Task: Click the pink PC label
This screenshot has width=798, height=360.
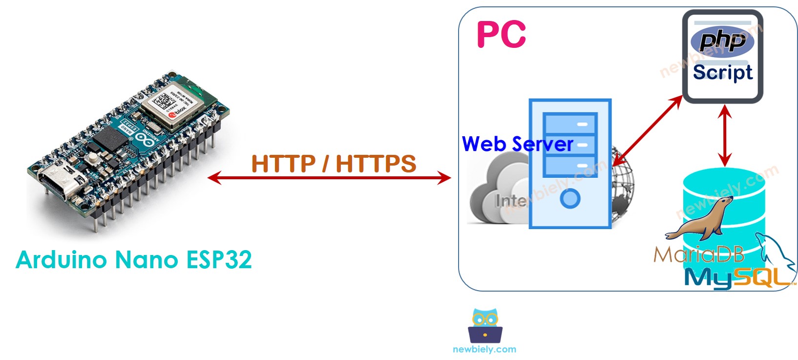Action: coord(501,34)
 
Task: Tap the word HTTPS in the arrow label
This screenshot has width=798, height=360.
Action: coord(376,164)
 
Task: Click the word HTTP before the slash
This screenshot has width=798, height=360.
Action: coord(283,164)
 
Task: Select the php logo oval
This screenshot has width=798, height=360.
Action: coord(722,41)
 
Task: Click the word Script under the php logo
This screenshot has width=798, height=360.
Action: coord(722,72)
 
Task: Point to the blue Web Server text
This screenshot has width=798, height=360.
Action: coord(517,144)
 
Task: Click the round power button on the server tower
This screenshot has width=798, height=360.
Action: coord(570,198)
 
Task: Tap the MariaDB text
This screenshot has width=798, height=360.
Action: coord(699,254)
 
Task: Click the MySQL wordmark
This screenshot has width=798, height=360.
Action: coord(737,277)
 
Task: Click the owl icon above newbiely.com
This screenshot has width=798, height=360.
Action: coord(485,326)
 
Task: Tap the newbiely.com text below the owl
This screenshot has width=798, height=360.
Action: coord(484,349)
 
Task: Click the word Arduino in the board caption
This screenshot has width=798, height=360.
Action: coord(62,259)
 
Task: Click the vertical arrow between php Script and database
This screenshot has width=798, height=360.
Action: coord(725,136)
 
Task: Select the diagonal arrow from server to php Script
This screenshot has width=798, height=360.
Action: coord(647,130)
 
